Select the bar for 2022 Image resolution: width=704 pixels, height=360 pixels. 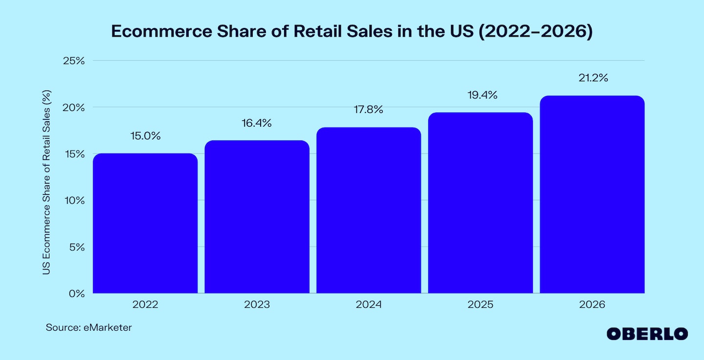coord(145,224)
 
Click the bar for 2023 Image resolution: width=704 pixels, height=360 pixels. coord(257,217)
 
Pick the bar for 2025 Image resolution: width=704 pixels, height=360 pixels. coord(481,203)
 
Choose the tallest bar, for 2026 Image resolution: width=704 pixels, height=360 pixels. coord(592,195)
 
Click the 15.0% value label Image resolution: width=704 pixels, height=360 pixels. coord(145,136)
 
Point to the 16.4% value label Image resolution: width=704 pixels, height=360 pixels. coord(257,123)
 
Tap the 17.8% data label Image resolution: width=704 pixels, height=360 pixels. coord(369,110)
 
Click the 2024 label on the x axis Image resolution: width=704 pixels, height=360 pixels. coord(369,305)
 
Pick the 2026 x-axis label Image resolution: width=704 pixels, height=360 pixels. coord(592,305)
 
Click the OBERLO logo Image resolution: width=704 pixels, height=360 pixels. coord(647,334)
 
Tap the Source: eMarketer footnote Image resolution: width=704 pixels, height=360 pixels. coord(89,328)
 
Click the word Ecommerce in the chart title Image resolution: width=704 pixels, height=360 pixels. coord(159,31)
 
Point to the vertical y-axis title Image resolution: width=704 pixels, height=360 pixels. coord(46,182)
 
